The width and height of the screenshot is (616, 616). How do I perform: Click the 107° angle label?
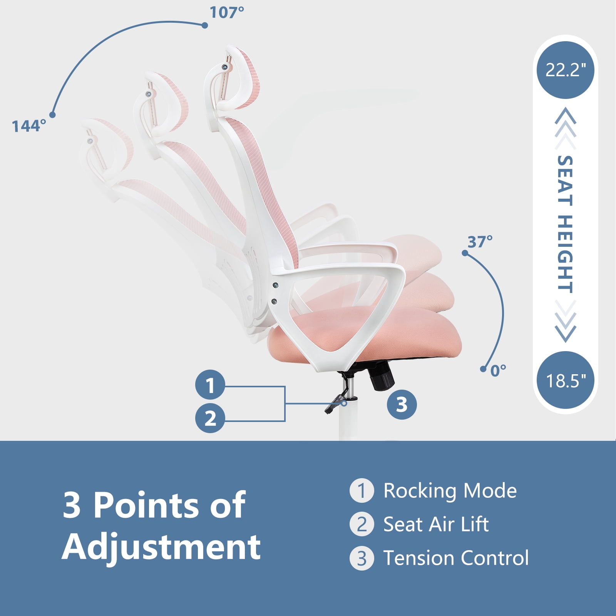226,13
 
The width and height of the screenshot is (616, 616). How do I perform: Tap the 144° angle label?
29,126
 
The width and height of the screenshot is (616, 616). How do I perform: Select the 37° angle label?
480,242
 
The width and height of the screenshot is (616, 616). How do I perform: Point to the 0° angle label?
498,371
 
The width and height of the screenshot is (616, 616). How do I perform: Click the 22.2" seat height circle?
565,70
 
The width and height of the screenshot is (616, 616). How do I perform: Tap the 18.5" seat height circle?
565,380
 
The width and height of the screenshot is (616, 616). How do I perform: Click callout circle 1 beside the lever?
210,385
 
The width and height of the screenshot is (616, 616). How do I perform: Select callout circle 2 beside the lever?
210,418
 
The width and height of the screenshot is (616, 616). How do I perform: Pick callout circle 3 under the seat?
402,405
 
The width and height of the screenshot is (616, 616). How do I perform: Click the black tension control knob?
382,376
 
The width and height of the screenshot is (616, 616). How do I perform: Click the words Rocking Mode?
450,491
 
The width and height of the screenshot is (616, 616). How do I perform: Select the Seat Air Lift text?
436,524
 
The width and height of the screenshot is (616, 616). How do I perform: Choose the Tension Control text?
456,558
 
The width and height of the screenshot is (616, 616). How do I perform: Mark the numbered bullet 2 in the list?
362,524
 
